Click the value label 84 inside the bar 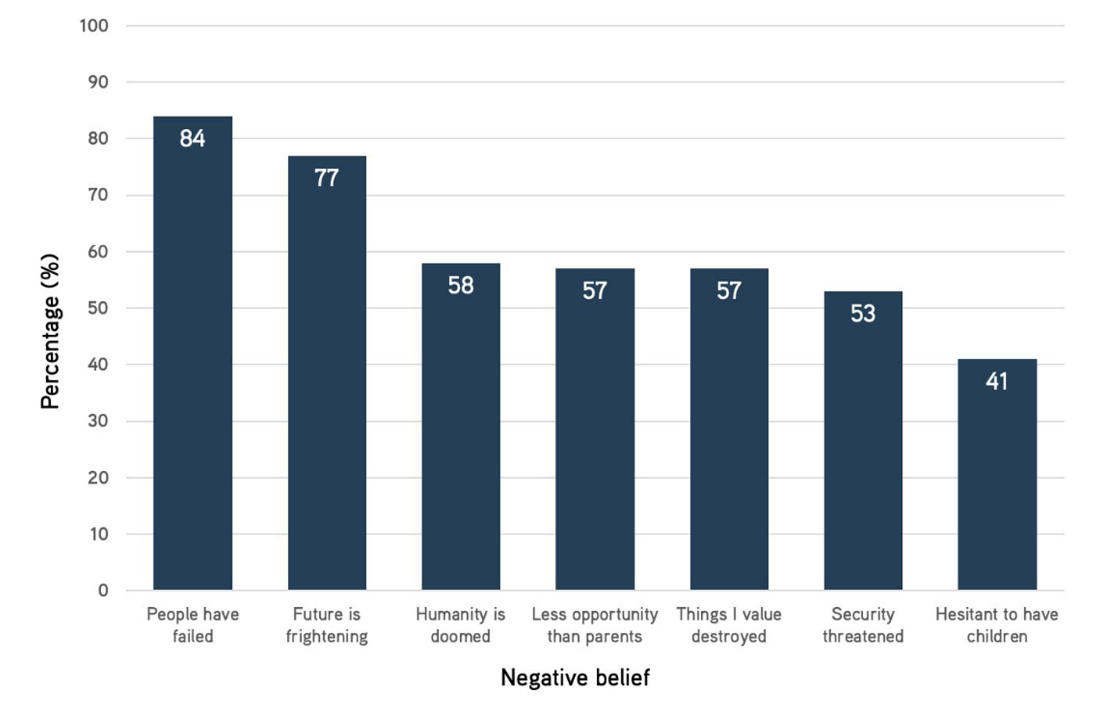point(192,138)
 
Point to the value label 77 point(326,178)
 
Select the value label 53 point(863,313)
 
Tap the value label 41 point(997,381)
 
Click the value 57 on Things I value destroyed point(729,291)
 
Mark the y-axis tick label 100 point(94,25)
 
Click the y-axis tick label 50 point(97,308)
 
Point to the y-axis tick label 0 point(103,591)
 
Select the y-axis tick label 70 point(97,195)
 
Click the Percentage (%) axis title point(50,331)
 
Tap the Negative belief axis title point(575,677)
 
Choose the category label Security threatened point(863,625)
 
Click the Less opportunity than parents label point(595,625)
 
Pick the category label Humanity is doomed point(460,625)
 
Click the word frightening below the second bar point(326,636)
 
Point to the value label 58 point(460,285)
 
